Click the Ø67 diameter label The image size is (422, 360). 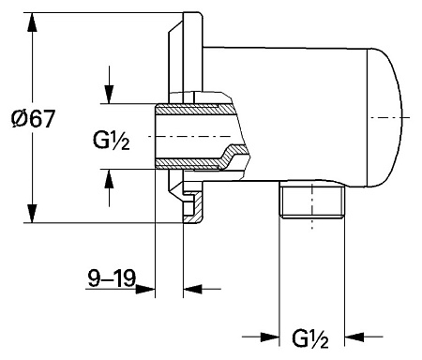33,119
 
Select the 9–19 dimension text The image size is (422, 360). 112,277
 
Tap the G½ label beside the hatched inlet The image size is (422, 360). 112,141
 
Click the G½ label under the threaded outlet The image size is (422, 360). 310,338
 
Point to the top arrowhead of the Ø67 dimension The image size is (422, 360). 32,22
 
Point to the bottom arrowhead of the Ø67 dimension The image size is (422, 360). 32,214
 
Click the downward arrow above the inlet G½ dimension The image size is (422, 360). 109,84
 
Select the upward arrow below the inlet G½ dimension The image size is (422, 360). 109,188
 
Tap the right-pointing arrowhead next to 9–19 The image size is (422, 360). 145,289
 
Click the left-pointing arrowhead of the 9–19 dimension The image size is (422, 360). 192,289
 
